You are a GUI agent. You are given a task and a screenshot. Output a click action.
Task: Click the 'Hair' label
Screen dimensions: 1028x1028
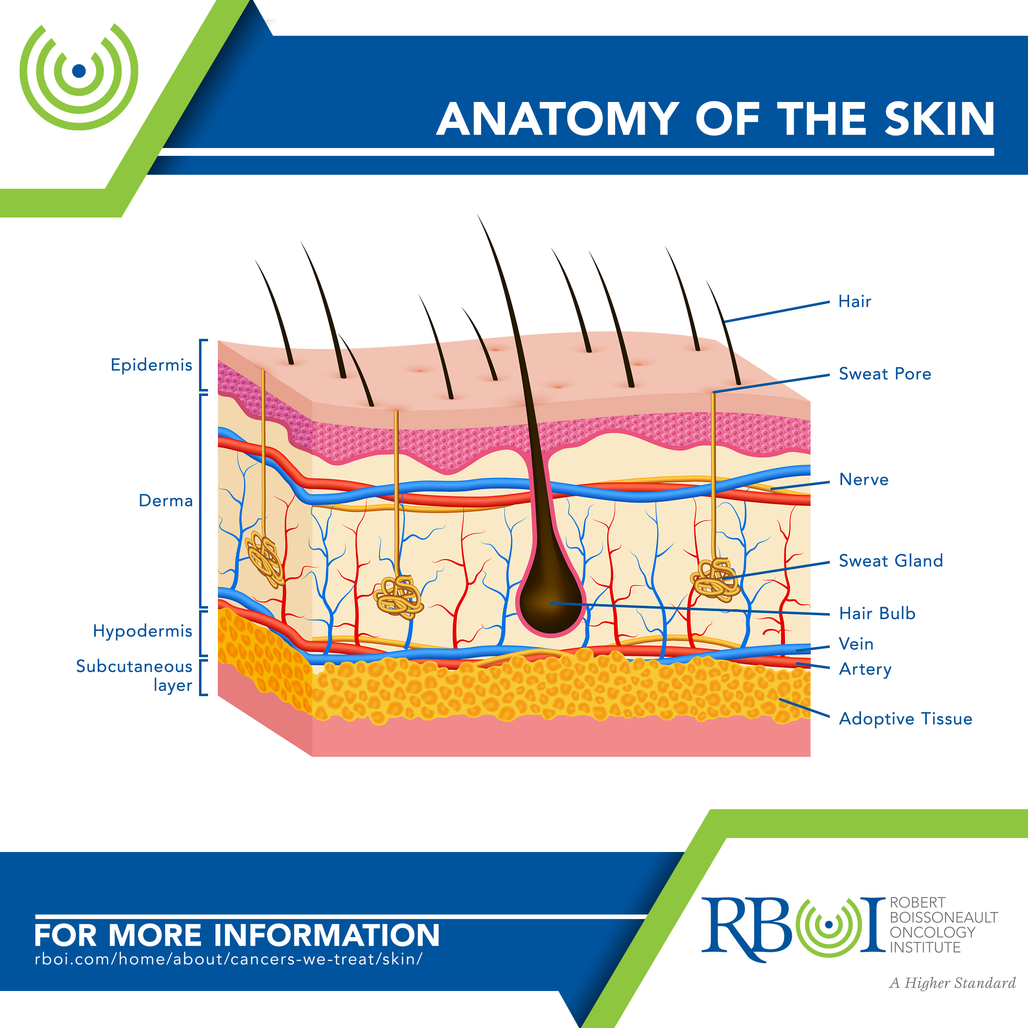pyautogui.click(x=854, y=301)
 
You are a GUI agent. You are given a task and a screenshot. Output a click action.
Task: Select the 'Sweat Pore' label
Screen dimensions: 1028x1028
pyautogui.click(x=885, y=373)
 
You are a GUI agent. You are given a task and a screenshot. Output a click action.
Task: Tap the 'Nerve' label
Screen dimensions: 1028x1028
pyautogui.click(x=864, y=479)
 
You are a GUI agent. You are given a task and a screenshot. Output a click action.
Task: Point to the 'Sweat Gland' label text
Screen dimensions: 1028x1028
pyautogui.click(x=891, y=560)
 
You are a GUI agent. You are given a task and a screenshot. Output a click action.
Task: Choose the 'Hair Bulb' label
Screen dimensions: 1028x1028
pyautogui.click(x=877, y=613)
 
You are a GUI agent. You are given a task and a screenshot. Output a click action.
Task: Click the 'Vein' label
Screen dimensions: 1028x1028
pyautogui.click(x=856, y=644)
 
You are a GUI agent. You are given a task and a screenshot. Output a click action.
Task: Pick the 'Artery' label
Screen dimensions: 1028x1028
pyautogui.click(x=865, y=669)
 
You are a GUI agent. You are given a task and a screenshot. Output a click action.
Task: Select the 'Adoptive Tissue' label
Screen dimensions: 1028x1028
pyautogui.click(x=905, y=719)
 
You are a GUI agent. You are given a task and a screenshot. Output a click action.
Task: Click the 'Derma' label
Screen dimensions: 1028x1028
pyautogui.click(x=165, y=501)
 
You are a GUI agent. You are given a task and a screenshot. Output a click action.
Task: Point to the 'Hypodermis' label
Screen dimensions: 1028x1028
pyautogui.click(x=143, y=631)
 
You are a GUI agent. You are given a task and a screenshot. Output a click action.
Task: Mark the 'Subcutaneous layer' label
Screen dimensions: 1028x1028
pyautogui.click(x=134, y=676)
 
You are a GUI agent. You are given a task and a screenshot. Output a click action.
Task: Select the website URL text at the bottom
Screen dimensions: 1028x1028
pyautogui.click(x=229, y=959)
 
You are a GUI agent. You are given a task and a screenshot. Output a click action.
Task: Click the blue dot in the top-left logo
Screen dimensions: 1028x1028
pyautogui.click(x=79, y=70)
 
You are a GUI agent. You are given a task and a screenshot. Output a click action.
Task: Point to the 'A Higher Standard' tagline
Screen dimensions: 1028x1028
pyautogui.click(x=952, y=983)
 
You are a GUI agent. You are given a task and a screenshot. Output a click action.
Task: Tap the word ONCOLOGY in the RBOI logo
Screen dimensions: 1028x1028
pyautogui.click(x=933, y=932)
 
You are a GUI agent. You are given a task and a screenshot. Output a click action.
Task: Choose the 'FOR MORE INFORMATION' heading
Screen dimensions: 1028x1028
pyautogui.click(x=237, y=935)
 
